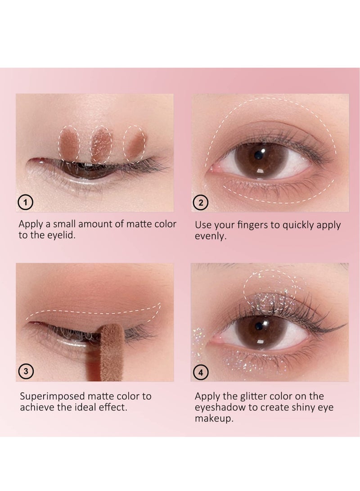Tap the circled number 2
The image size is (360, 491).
click(200, 203)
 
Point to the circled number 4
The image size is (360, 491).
click(200, 372)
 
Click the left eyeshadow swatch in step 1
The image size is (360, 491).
click(70, 144)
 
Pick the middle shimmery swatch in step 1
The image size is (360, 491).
click(101, 144)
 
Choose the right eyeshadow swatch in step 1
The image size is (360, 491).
click(135, 144)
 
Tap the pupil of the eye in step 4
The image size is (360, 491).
click(260, 325)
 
